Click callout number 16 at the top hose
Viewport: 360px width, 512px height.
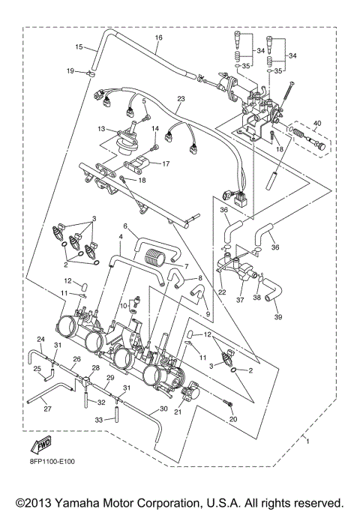tap(158, 37)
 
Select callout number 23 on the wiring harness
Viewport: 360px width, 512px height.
tap(180, 98)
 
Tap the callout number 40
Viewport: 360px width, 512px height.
tap(316, 124)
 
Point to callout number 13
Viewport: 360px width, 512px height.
tap(101, 129)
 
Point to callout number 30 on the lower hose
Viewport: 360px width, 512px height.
tap(163, 409)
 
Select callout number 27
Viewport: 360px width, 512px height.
tap(47, 409)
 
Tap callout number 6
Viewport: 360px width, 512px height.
tap(125, 226)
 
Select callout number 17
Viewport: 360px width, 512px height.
tap(166, 163)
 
